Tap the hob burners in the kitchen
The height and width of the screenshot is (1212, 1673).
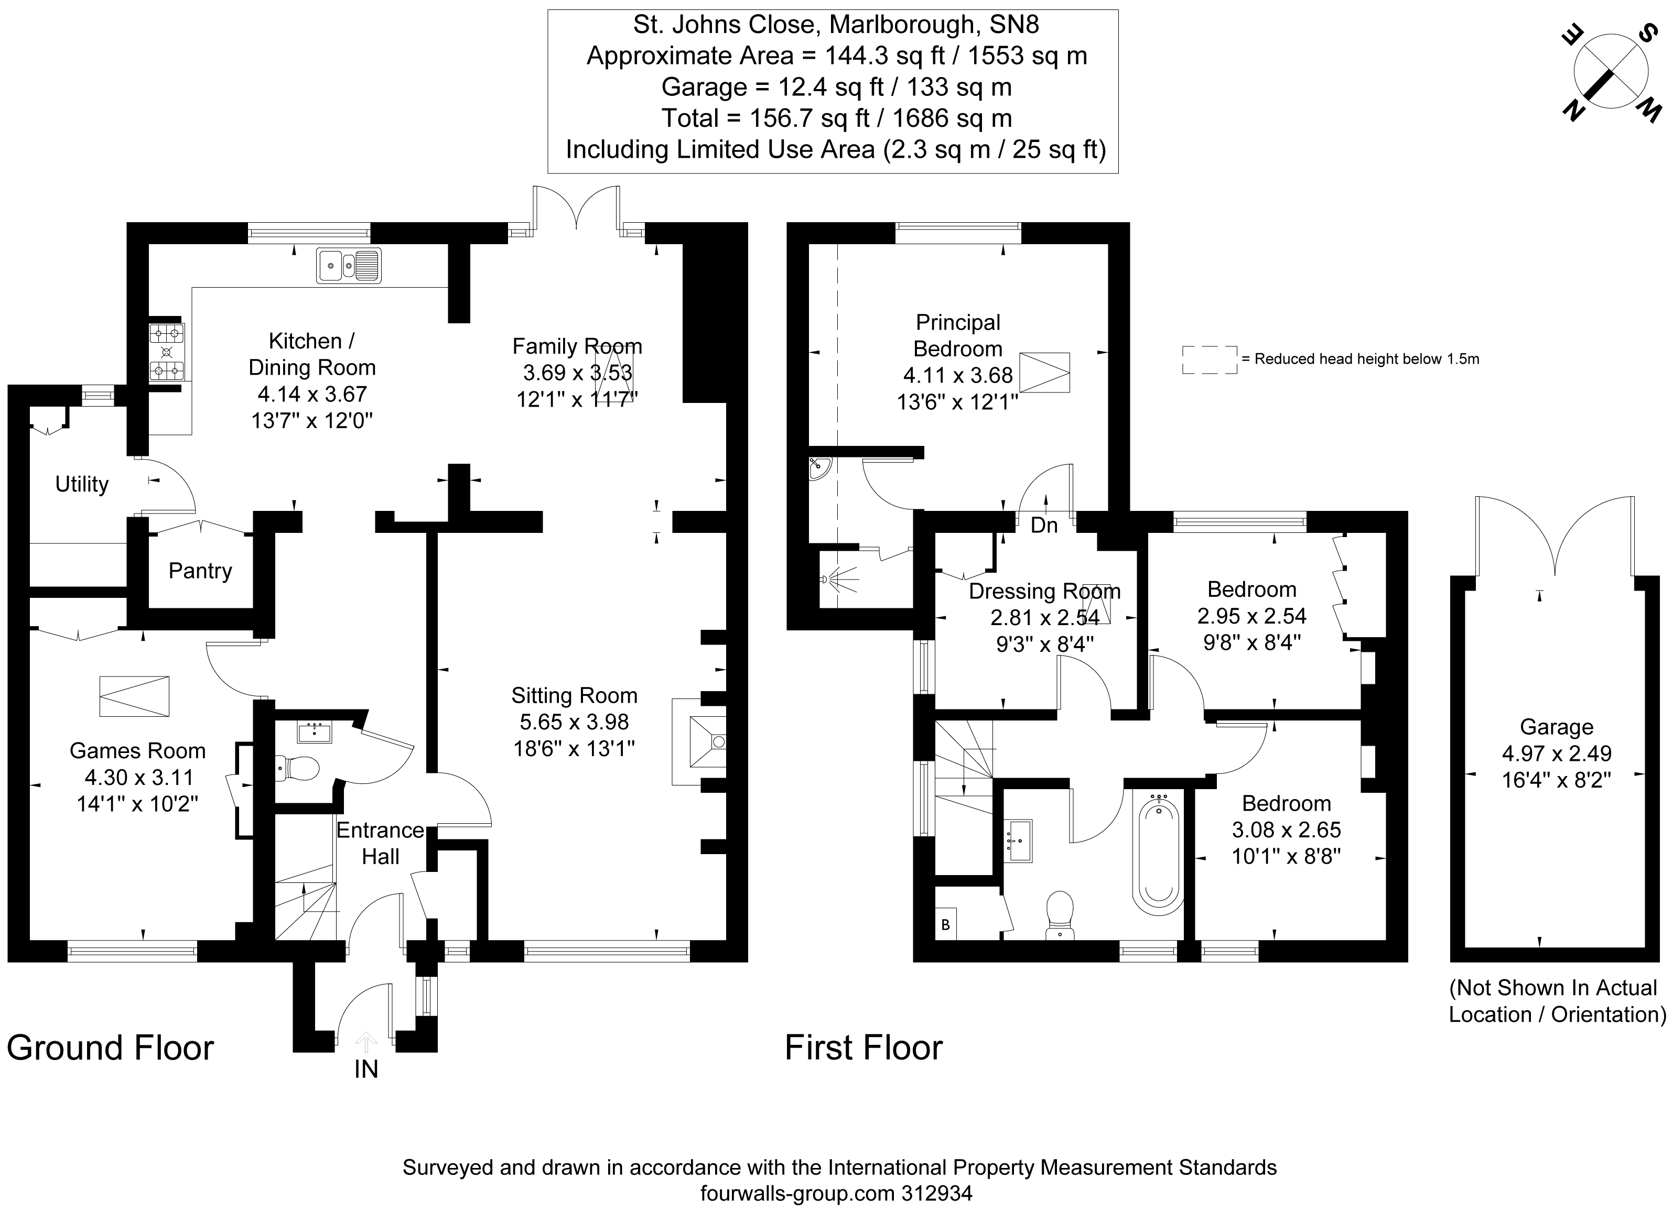tap(167, 353)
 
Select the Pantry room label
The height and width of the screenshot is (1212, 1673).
tap(200, 571)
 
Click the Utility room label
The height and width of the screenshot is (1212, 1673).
tap(81, 484)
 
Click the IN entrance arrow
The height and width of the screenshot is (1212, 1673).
tap(366, 1042)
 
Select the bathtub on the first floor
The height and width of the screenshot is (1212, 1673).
tap(1158, 855)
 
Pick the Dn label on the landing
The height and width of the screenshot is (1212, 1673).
tap(1044, 525)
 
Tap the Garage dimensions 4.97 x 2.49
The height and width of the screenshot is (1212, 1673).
tap(1557, 754)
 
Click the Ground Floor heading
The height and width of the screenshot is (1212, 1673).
tap(111, 1047)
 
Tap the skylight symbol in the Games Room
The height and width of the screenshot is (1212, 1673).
tap(134, 696)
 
